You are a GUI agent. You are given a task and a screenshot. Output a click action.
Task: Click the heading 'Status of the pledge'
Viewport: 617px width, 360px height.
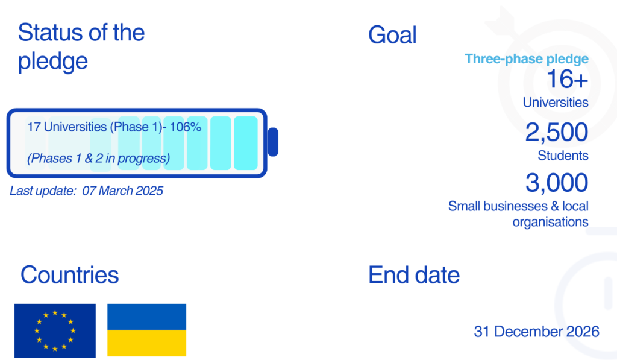(x=81, y=46)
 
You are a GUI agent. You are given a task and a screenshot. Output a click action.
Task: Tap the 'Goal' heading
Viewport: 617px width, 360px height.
(x=392, y=35)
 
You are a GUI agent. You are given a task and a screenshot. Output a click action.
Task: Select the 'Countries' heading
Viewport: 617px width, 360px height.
(x=70, y=275)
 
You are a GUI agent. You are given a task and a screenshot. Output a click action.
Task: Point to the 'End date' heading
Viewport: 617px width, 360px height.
(x=414, y=275)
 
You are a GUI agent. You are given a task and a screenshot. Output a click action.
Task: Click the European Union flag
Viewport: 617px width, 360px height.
(x=55, y=330)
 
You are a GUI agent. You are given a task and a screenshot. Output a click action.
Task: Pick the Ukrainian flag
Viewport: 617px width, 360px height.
(x=146, y=330)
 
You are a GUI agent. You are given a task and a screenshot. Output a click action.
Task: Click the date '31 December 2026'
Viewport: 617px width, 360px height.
(x=536, y=332)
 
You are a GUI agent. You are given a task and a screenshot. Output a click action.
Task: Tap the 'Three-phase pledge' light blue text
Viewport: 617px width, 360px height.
(x=527, y=59)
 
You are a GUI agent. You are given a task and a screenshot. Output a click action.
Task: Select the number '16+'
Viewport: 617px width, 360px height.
(x=567, y=79)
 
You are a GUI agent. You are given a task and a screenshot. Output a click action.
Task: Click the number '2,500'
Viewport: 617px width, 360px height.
(x=557, y=132)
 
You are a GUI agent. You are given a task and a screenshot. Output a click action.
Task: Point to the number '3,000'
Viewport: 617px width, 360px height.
(x=557, y=182)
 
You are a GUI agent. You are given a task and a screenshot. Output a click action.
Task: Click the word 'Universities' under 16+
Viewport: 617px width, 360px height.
(x=556, y=103)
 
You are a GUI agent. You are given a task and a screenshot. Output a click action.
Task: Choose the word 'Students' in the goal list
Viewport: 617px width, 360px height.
(x=563, y=156)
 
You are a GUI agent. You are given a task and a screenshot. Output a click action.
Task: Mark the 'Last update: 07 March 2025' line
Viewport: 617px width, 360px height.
(x=87, y=191)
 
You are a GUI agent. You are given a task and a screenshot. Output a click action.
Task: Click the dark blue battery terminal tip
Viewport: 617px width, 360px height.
(x=272, y=142)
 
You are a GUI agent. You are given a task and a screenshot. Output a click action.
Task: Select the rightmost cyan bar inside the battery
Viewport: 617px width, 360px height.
(x=245, y=143)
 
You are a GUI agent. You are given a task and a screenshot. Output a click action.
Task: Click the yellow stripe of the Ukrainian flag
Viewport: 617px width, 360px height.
(x=146, y=343)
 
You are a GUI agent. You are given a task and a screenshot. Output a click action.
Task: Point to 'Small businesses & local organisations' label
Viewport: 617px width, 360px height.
(x=518, y=213)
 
